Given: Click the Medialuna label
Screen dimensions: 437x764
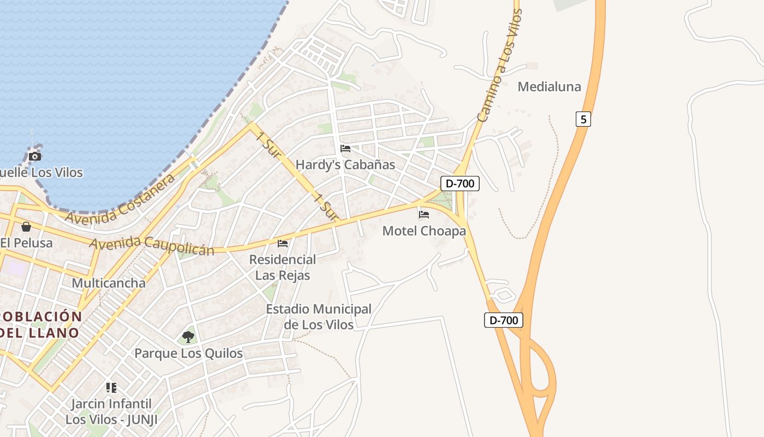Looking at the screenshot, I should [549, 86].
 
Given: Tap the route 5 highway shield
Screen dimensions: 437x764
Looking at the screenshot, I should [583, 119].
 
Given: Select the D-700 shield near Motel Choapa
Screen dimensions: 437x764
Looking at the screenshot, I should [460, 184].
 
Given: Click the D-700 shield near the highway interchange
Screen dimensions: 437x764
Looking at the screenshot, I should [503, 320].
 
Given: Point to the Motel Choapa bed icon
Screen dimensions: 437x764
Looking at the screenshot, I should [424, 215].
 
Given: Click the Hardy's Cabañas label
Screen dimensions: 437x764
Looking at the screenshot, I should [345, 164].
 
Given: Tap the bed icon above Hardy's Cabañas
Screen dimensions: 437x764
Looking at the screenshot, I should [345, 149].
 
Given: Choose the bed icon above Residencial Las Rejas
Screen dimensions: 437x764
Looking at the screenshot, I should [283, 244].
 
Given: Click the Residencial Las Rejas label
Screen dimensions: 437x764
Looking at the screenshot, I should [283, 267].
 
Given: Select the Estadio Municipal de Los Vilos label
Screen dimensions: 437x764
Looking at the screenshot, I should [319, 317].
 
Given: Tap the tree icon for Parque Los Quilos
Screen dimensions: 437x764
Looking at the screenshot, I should [188, 337].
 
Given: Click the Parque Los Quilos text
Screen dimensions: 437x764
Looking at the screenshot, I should [188, 353].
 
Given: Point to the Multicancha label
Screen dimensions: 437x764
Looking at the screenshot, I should [109, 283].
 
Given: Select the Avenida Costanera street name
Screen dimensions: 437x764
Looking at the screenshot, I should [121, 199].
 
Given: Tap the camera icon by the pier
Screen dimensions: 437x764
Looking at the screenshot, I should [35, 157].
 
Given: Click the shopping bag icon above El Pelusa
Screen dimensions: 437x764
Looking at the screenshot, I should [26, 227].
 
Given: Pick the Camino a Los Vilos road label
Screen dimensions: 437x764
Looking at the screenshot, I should [499, 66].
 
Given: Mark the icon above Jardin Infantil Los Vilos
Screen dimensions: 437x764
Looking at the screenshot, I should [111, 388].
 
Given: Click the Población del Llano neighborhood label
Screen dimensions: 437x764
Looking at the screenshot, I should [39, 324].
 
